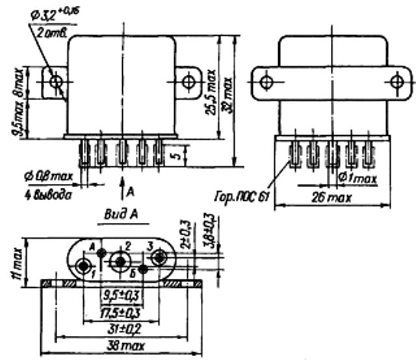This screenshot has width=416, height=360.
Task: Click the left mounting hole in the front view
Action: (57, 82)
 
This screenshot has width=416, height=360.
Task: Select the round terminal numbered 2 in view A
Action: (120, 262)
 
